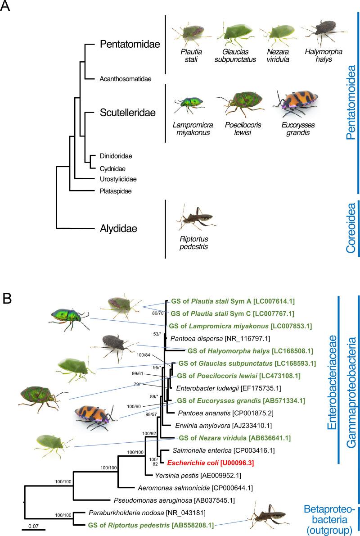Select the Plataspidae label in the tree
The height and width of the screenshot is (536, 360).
pyautogui.click(x=116, y=191)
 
